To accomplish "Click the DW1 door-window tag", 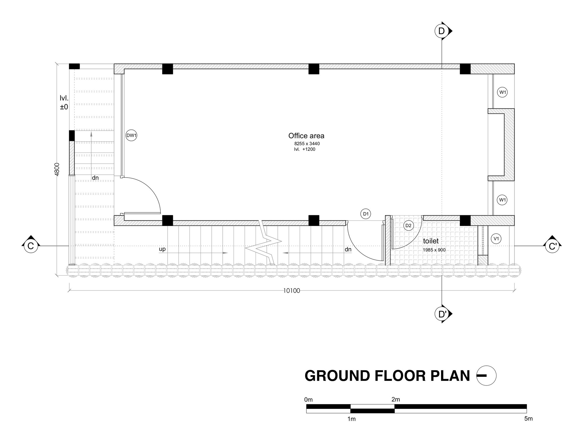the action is click(x=131, y=135).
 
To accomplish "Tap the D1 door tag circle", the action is click(x=366, y=214).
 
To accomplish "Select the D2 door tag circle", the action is click(x=408, y=225).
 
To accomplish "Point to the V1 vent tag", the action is click(x=496, y=239).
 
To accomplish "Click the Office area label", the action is click(x=306, y=136).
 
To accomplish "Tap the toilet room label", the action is click(x=431, y=241).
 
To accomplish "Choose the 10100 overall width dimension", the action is click(x=291, y=291).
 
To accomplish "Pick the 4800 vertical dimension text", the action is click(x=57, y=169).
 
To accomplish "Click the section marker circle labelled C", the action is click(x=31, y=246).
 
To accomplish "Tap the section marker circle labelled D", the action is click(x=442, y=31).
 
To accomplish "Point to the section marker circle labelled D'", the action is click(x=442, y=314).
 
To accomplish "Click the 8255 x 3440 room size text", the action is click(x=307, y=144).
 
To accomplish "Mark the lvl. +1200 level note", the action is click(x=305, y=149).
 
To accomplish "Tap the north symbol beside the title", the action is click(x=486, y=376).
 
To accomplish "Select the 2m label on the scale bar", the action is click(x=396, y=399).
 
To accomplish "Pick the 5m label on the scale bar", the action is click(x=528, y=419).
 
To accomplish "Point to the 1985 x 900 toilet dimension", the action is click(x=434, y=250).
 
